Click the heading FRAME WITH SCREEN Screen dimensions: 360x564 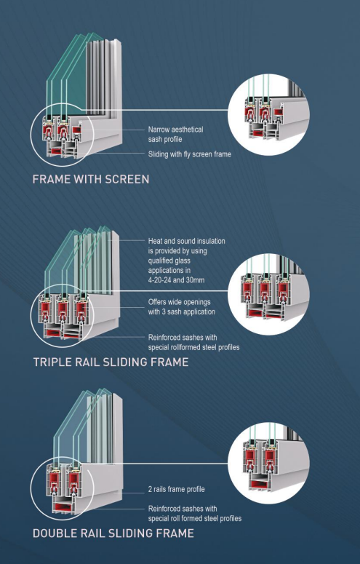[x=91, y=179]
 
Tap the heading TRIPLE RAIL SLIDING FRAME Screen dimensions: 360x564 [x=111, y=362]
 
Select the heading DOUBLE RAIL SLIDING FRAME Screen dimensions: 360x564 [x=113, y=533]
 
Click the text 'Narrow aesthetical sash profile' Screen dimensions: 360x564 [x=175, y=134]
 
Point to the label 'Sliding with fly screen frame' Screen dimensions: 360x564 [x=190, y=154]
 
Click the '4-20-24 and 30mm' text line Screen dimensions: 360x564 [x=176, y=280]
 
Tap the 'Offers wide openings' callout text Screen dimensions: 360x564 [x=179, y=302]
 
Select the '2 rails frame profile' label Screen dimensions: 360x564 [x=177, y=489]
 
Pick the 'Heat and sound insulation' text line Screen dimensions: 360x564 [x=187, y=241]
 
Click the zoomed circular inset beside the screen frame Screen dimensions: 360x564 [x=268, y=115]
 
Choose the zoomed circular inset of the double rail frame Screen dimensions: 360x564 [x=268, y=464]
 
